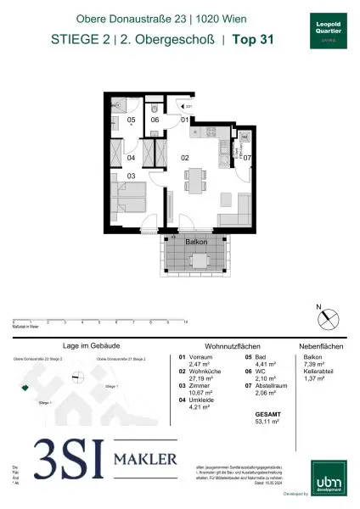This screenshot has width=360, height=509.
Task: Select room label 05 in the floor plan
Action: pos(132,120)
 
